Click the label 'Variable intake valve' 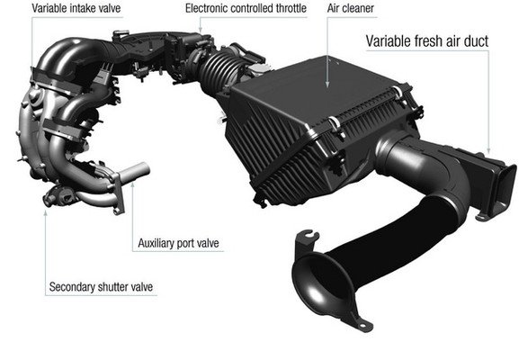coord(76,8)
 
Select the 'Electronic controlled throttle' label coord(246,8)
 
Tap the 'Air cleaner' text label coord(351,8)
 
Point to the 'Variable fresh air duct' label coord(427,41)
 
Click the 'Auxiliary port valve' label coord(178,243)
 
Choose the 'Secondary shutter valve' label coord(101,287)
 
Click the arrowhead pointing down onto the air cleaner coord(327,85)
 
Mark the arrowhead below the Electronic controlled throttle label coord(200,30)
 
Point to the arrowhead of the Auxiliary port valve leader coord(133,184)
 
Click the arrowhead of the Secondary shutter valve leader coord(46,212)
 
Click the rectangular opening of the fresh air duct coord(504,185)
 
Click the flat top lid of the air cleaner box coord(318,89)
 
